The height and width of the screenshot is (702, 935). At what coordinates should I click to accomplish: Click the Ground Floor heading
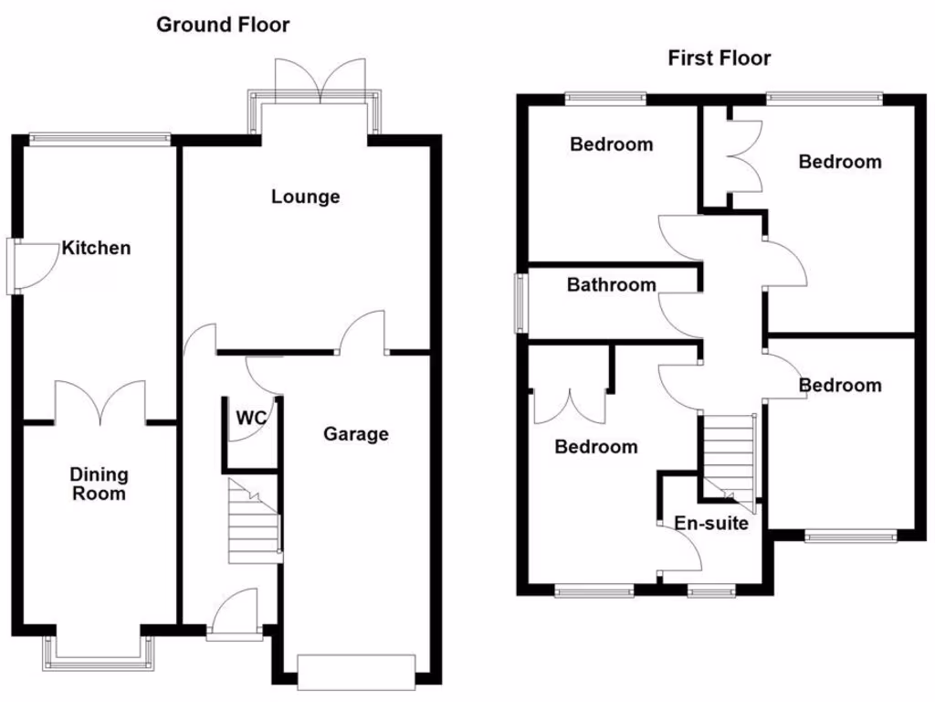point(223,25)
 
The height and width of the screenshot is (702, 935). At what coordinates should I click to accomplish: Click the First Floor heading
point(719,58)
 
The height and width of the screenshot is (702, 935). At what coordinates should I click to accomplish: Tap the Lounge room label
point(305,197)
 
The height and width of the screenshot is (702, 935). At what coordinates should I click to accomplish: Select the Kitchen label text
point(96,248)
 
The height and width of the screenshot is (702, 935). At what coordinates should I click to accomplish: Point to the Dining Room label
point(100,484)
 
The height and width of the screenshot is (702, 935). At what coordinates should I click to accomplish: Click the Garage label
point(355,434)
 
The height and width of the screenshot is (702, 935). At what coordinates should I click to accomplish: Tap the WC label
point(251,419)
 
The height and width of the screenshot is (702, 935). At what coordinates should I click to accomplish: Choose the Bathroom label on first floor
point(611,285)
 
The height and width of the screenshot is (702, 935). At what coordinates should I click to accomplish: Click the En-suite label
point(711,524)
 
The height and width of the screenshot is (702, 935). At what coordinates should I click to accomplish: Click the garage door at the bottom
point(356,671)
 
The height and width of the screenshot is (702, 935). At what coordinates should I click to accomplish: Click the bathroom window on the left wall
point(520,303)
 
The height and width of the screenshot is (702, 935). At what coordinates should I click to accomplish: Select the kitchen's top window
point(100,139)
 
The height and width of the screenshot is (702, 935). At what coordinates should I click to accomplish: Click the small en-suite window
point(711,592)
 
